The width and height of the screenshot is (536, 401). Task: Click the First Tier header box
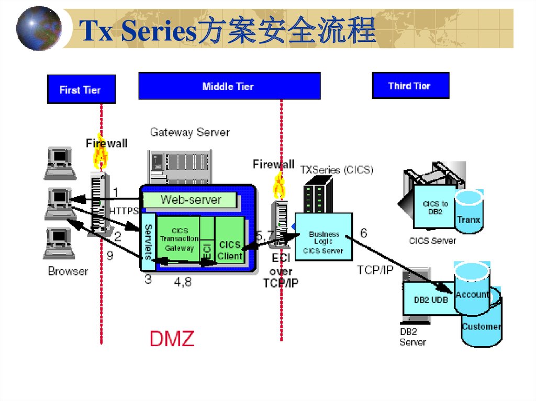(81, 89)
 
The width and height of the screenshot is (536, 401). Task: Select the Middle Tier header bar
(229, 86)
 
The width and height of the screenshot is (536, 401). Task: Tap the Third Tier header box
(410, 86)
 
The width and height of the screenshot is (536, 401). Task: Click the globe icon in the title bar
(38, 28)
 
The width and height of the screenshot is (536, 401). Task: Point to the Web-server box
(190, 199)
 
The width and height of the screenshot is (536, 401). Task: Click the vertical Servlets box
(148, 241)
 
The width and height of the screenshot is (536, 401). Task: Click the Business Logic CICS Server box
(323, 242)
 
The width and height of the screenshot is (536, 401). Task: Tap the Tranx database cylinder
(468, 214)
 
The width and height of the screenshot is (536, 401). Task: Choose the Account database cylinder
(472, 290)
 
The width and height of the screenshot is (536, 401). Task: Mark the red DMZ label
(172, 339)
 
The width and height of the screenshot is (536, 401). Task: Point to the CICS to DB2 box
(434, 208)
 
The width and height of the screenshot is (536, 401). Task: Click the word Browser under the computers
(68, 271)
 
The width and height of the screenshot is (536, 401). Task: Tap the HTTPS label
(124, 211)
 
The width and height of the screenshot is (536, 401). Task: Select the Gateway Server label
(189, 132)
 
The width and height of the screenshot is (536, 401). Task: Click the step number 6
(363, 233)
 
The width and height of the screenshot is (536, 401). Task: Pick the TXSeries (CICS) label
(337, 170)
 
